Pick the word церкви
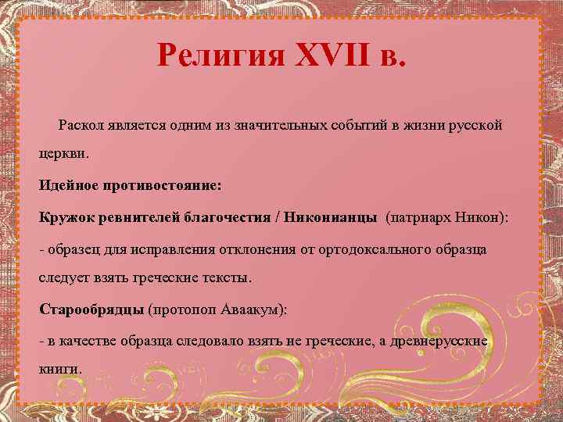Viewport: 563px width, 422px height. click(64, 154)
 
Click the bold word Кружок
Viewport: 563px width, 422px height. click(65, 216)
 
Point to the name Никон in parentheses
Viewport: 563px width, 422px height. click(482, 216)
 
